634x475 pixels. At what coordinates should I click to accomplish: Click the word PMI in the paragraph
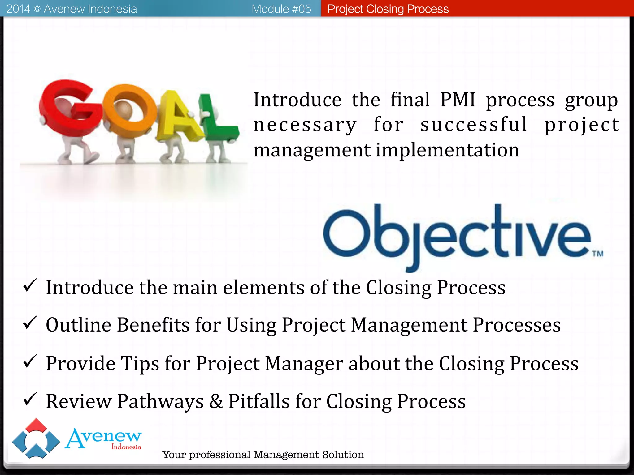(458, 100)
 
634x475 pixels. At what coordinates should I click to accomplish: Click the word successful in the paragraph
(474, 125)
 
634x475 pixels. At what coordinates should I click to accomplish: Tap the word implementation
(447, 150)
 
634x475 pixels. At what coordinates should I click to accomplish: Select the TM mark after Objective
(598, 254)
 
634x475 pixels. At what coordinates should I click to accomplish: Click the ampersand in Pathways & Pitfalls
(216, 401)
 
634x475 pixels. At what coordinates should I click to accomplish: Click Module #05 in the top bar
(281, 9)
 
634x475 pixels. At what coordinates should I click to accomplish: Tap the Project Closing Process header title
(388, 9)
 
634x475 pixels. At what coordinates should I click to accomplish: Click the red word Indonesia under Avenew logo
(126, 447)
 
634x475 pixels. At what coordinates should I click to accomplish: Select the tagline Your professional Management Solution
(263, 455)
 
